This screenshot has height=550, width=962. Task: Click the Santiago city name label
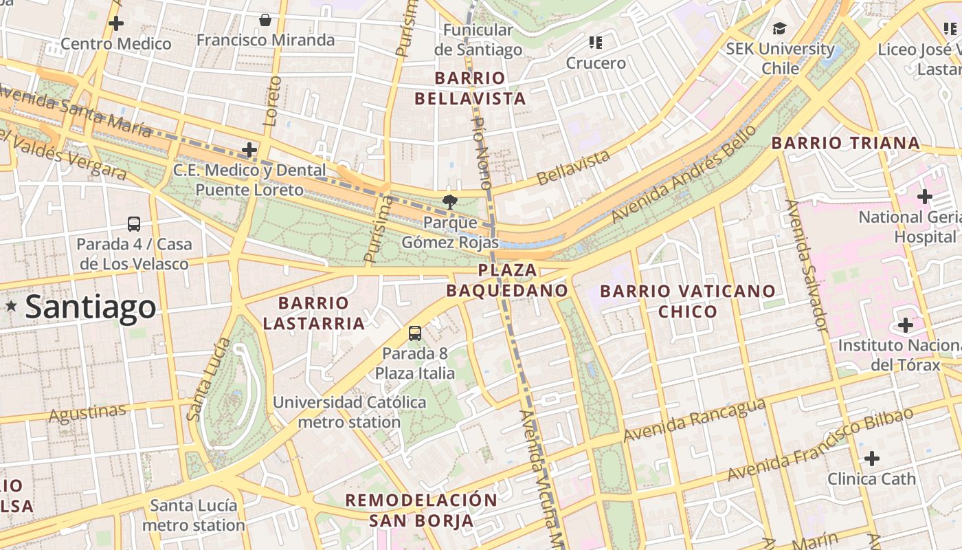click(91, 307)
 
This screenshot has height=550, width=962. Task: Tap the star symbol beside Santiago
click(11, 306)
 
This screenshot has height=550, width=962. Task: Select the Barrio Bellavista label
click(471, 89)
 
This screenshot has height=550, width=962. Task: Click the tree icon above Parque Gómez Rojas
click(450, 201)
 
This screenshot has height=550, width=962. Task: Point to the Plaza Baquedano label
click(507, 280)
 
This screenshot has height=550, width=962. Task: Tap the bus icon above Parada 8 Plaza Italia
click(415, 333)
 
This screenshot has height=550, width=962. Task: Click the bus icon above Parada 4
click(134, 223)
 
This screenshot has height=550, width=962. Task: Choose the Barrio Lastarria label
click(314, 313)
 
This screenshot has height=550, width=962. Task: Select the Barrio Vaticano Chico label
click(688, 301)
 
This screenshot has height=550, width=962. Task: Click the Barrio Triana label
click(845, 143)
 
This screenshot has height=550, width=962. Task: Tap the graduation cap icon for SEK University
click(779, 28)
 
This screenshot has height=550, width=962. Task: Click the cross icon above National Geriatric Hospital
click(925, 197)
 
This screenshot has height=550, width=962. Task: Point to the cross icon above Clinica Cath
click(871, 459)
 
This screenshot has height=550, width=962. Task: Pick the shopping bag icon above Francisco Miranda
click(265, 20)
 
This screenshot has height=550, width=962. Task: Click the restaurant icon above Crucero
click(596, 43)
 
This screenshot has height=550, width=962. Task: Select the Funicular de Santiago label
click(478, 40)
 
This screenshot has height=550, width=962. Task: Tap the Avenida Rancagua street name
click(694, 419)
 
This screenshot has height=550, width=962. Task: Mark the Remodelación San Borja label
click(421, 510)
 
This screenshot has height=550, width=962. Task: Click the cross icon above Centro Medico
click(116, 23)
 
